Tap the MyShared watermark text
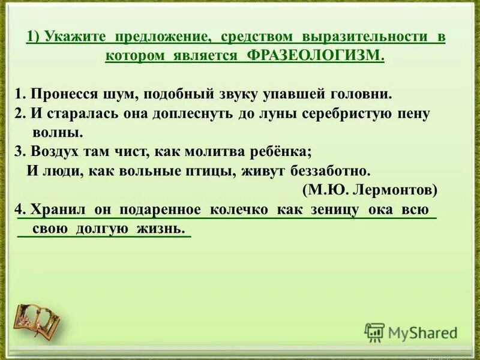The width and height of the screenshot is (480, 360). tap(422, 332)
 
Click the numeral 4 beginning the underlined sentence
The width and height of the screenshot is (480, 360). tap(19, 209)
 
